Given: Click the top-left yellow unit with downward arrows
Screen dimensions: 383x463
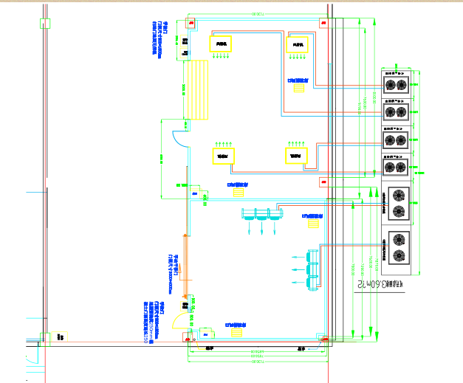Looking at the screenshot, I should (221, 44).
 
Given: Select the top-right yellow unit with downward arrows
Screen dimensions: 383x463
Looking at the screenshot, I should (298, 45).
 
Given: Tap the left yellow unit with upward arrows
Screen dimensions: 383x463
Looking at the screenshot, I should (223, 156).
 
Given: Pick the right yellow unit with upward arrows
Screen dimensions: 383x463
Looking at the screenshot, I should (296, 156).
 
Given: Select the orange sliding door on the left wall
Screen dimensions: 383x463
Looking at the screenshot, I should (185, 261).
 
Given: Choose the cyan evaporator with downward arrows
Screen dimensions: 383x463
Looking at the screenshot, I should (262, 215).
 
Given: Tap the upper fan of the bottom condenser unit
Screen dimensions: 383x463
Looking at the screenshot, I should (399, 239).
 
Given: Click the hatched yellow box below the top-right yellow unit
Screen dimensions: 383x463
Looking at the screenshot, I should (300, 89).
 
